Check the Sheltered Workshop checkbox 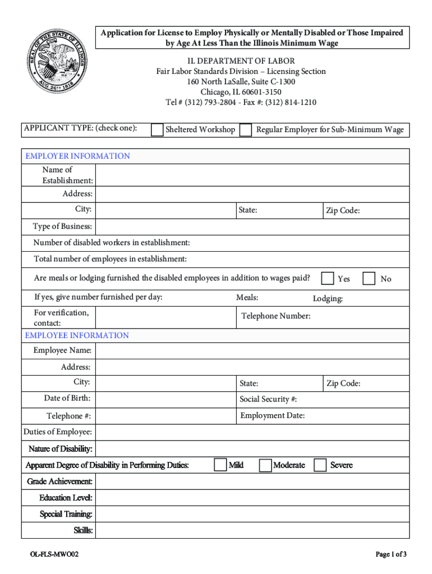pos(158,130)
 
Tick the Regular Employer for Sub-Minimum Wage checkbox pos(245,130)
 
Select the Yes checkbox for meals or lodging pos(327,279)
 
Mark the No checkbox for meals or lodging pos(369,279)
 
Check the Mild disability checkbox pos(220,465)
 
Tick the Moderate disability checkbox pos(265,465)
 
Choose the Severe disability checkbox pos(320,465)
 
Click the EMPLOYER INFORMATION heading pos(77,156)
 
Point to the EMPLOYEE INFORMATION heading pos(77,335)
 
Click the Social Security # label pos(268,399)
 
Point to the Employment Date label pos(272,415)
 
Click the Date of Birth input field pos(166,399)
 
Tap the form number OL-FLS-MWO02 pos(54,554)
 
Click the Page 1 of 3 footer pos(391,554)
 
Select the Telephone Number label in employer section pos(275,316)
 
